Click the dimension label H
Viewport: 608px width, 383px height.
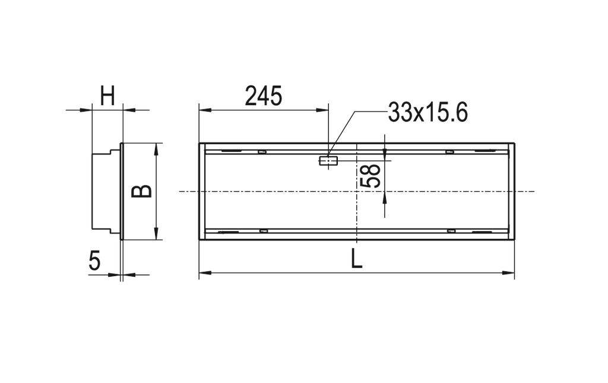107,96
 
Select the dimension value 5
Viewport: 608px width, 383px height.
94,261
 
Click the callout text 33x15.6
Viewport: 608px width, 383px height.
427,112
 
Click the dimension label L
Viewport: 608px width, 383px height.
356,259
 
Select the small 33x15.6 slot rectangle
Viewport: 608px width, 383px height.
328,160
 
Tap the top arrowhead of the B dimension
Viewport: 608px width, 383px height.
156,148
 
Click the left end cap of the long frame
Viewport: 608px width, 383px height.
202,191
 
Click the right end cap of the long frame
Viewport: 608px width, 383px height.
511,191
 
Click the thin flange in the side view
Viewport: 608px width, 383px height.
122,191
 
